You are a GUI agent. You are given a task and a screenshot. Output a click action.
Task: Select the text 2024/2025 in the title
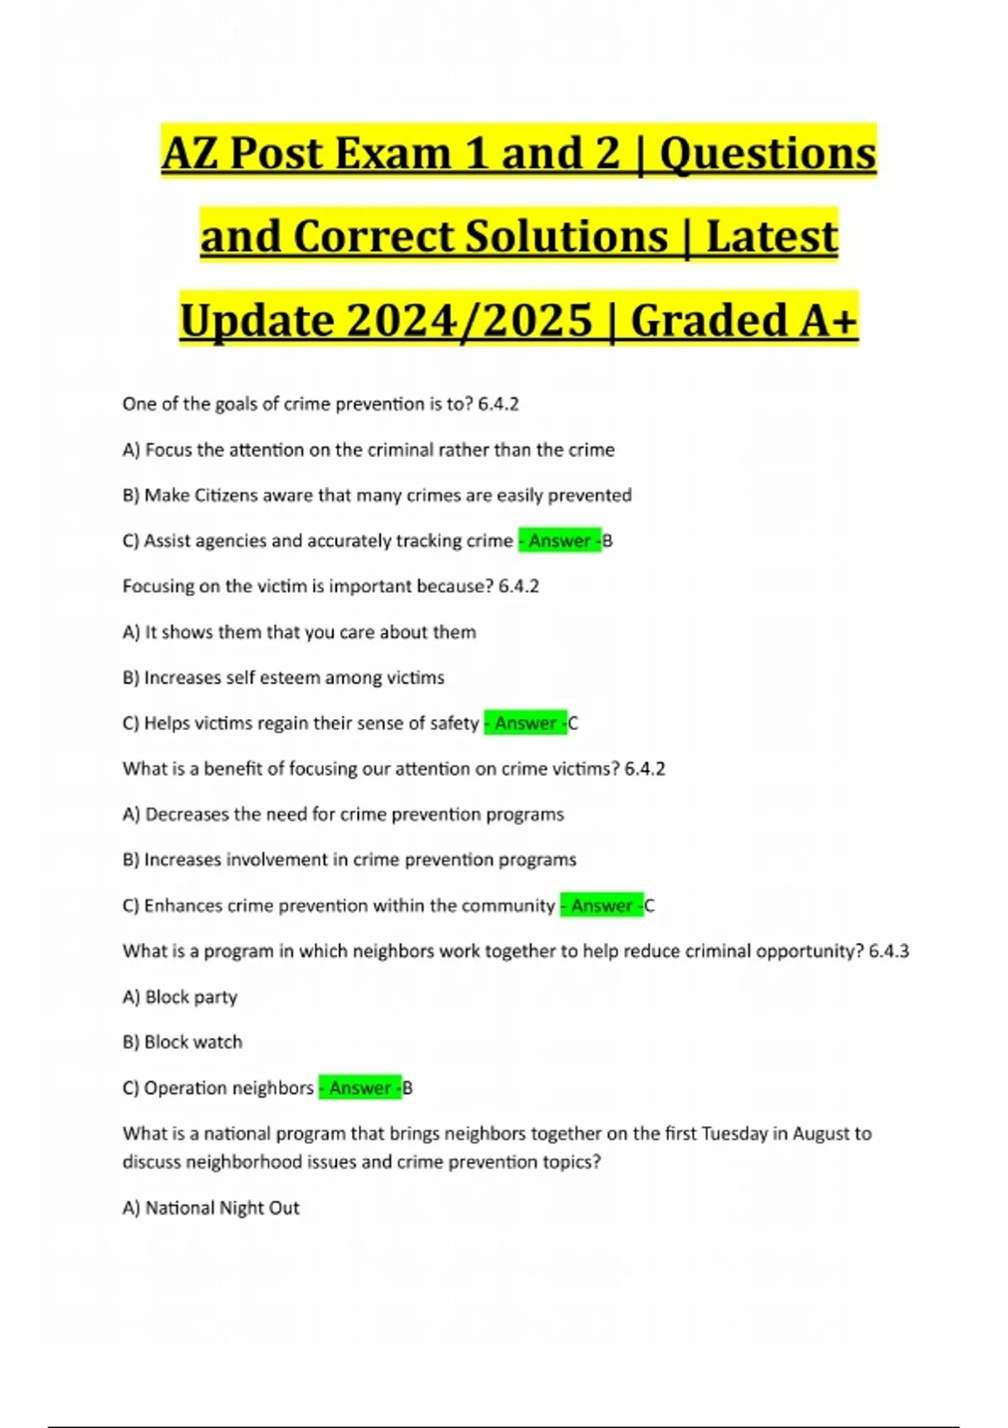point(470,320)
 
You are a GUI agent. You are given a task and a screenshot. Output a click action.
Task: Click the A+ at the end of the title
point(826,320)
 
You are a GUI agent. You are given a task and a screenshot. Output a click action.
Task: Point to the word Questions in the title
point(768,154)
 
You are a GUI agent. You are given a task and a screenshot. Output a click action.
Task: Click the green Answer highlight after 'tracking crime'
point(559,541)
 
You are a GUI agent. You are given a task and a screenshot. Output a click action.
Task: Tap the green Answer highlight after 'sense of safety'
point(525,723)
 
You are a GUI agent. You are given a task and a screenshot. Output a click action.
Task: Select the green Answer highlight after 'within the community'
point(601,906)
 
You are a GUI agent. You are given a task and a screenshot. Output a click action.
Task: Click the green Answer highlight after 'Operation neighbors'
point(360,1088)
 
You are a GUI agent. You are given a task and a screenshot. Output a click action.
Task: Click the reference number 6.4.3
point(889,951)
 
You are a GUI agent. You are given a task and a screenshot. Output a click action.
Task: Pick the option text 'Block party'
point(192,997)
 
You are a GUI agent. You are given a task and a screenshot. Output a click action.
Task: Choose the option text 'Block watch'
point(193,1042)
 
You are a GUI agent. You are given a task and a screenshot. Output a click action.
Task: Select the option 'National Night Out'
point(223,1208)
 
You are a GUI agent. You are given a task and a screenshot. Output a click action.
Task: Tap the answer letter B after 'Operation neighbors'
point(408,1088)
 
